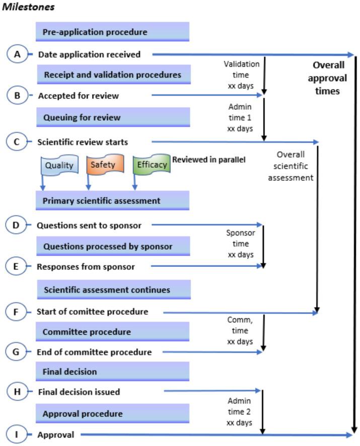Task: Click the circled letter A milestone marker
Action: point(17,54)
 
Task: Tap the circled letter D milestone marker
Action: point(16,225)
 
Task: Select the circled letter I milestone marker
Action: point(16,434)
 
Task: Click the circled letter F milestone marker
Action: point(16,312)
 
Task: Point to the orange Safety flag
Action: point(105,164)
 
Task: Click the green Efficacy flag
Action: point(152,164)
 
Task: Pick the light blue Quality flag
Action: point(59,165)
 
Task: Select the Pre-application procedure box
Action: point(112,32)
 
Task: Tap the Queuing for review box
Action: point(113,117)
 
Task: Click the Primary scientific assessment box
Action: point(112,200)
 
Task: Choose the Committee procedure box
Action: point(112,332)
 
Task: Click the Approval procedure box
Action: point(112,413)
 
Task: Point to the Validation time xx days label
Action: point(241,75)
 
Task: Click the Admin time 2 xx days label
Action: point(239,412)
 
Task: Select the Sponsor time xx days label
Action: point(241,244)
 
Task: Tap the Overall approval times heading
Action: point(328,78)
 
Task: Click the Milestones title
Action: point(28,7)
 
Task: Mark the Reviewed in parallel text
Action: point(209,160)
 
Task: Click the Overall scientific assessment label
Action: point(291,166)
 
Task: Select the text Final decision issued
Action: point(79,392)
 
